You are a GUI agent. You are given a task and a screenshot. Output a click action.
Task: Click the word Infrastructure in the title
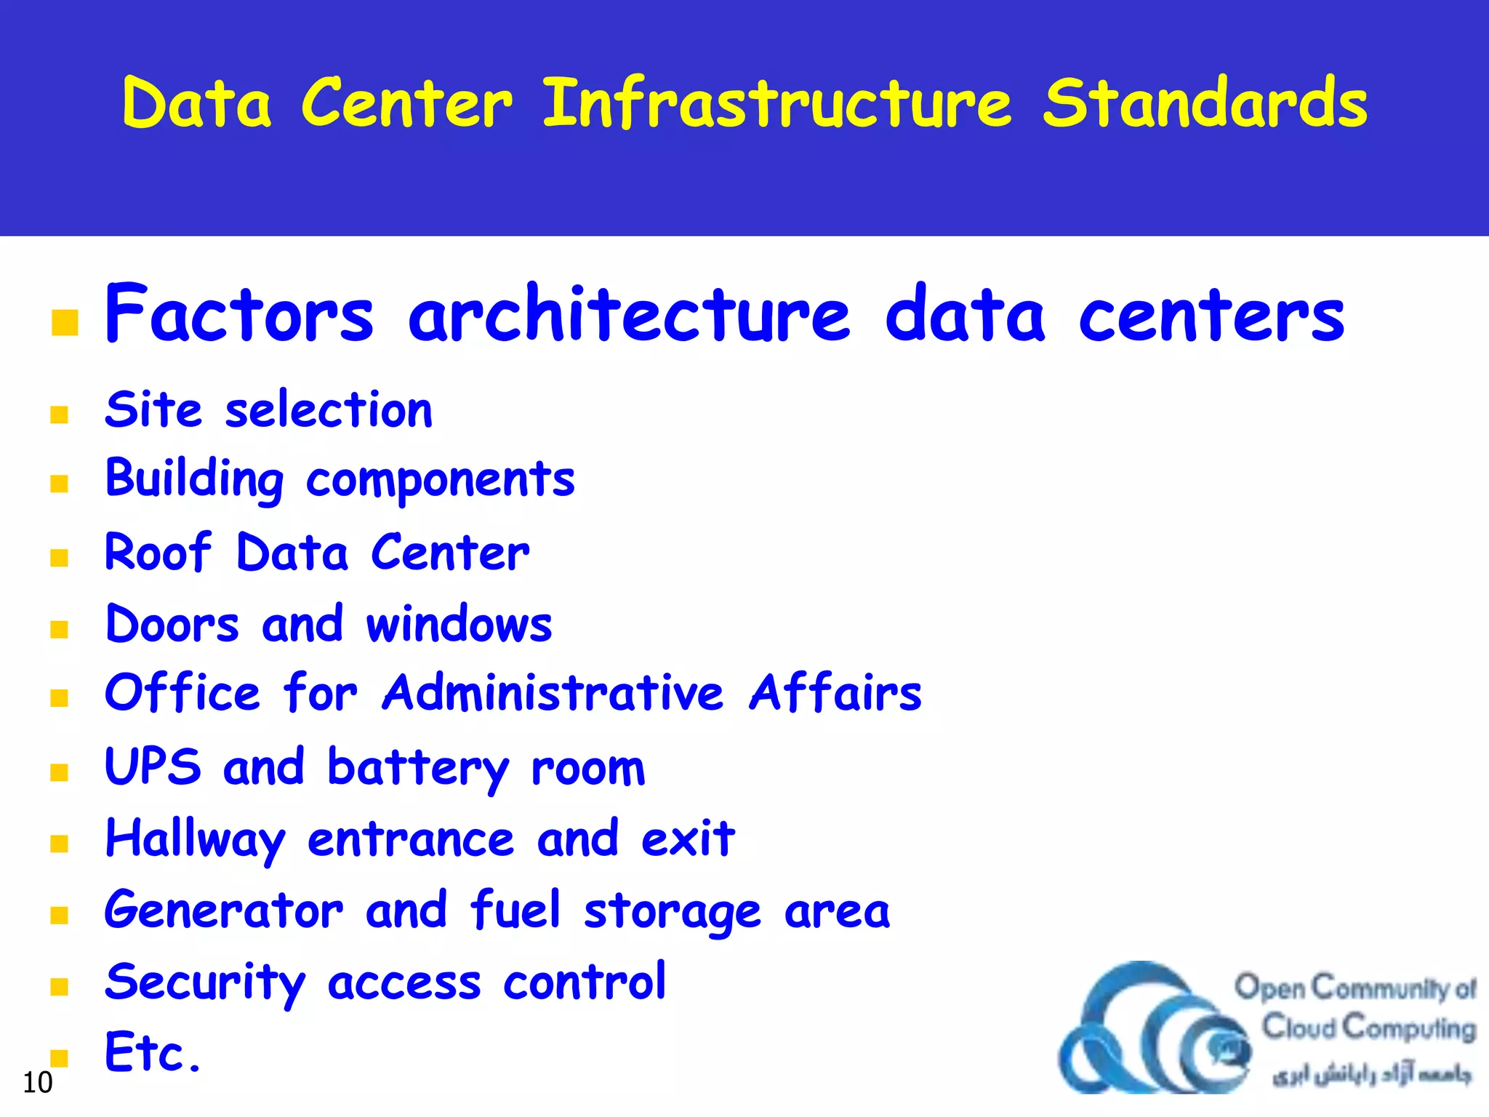pos(776,103)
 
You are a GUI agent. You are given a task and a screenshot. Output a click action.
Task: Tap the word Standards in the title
pos(1205,103)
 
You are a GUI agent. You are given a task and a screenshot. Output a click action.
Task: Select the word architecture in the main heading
pos(629,314)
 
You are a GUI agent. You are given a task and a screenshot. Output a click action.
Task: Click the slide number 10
pos(37,1083)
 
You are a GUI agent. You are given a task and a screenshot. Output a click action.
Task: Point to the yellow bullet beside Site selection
pos(60,415)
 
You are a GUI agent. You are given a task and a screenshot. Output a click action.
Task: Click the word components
pos(440,480)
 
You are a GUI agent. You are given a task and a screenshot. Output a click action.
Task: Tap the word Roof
pos(158,552)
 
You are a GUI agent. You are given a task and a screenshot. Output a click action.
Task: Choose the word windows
pos(459,624)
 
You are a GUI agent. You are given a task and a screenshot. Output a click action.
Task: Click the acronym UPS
pos(153,766)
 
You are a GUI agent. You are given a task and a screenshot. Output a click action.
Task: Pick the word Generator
pos(223,910)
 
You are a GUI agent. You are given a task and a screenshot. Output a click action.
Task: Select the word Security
pos(205,982)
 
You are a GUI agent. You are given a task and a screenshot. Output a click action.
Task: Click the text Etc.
pos(152,1052)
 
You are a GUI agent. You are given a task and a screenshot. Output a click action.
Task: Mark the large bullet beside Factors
pos(65,323)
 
